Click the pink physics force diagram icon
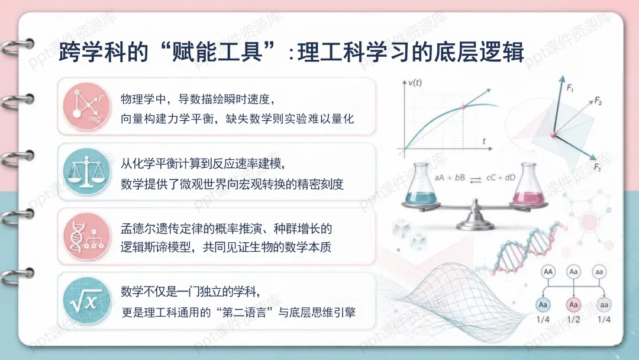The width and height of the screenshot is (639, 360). [x=87, y=107]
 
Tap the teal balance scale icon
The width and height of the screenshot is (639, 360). [x=87, y=172]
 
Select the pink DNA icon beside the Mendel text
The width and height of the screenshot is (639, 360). [x=87, y=236]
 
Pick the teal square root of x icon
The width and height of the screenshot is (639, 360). [x=87, y=301]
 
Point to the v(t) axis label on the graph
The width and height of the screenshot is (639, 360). [x=415, y=83]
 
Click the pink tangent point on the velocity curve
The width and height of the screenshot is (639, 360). [x=463, y=107]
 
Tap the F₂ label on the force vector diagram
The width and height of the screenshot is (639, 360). [x=598, y=101]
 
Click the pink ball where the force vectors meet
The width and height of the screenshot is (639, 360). [x=553, y=134]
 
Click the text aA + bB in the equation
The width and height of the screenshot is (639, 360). [x=450, y=178]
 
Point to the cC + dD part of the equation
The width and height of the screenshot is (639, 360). [x=501, y=178]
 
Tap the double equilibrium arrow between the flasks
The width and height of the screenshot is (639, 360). [x=475, y=179]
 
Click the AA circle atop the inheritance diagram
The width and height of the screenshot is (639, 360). [x=548, y=272]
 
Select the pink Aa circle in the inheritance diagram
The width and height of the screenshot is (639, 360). [x=573, y=304]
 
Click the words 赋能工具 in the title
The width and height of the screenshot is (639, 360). [x=217, y=52]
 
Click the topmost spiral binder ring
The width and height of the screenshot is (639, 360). [x=17, y=46]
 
